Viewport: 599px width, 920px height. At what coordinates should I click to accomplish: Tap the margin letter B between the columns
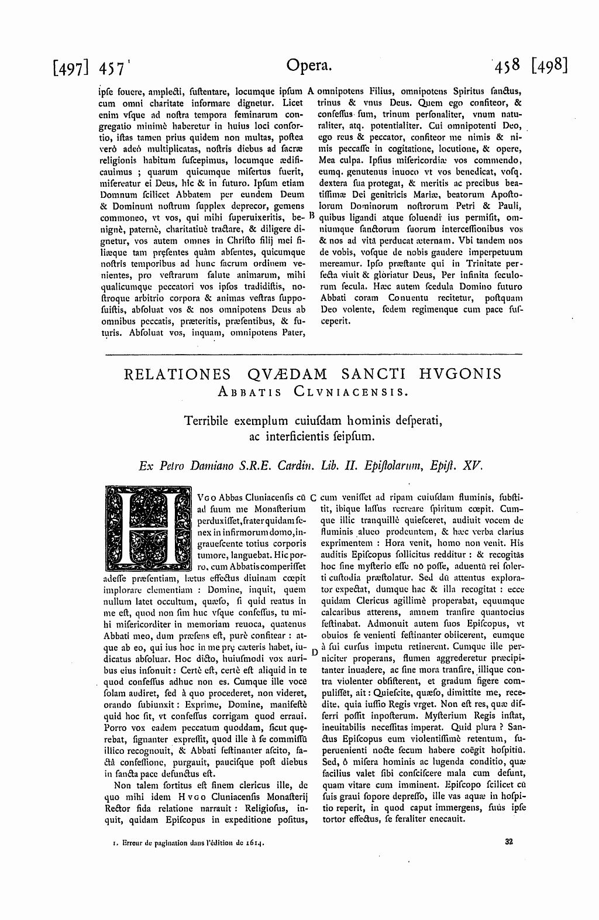point(312,215)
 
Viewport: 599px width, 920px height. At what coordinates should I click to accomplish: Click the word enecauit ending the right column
point(446,818)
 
